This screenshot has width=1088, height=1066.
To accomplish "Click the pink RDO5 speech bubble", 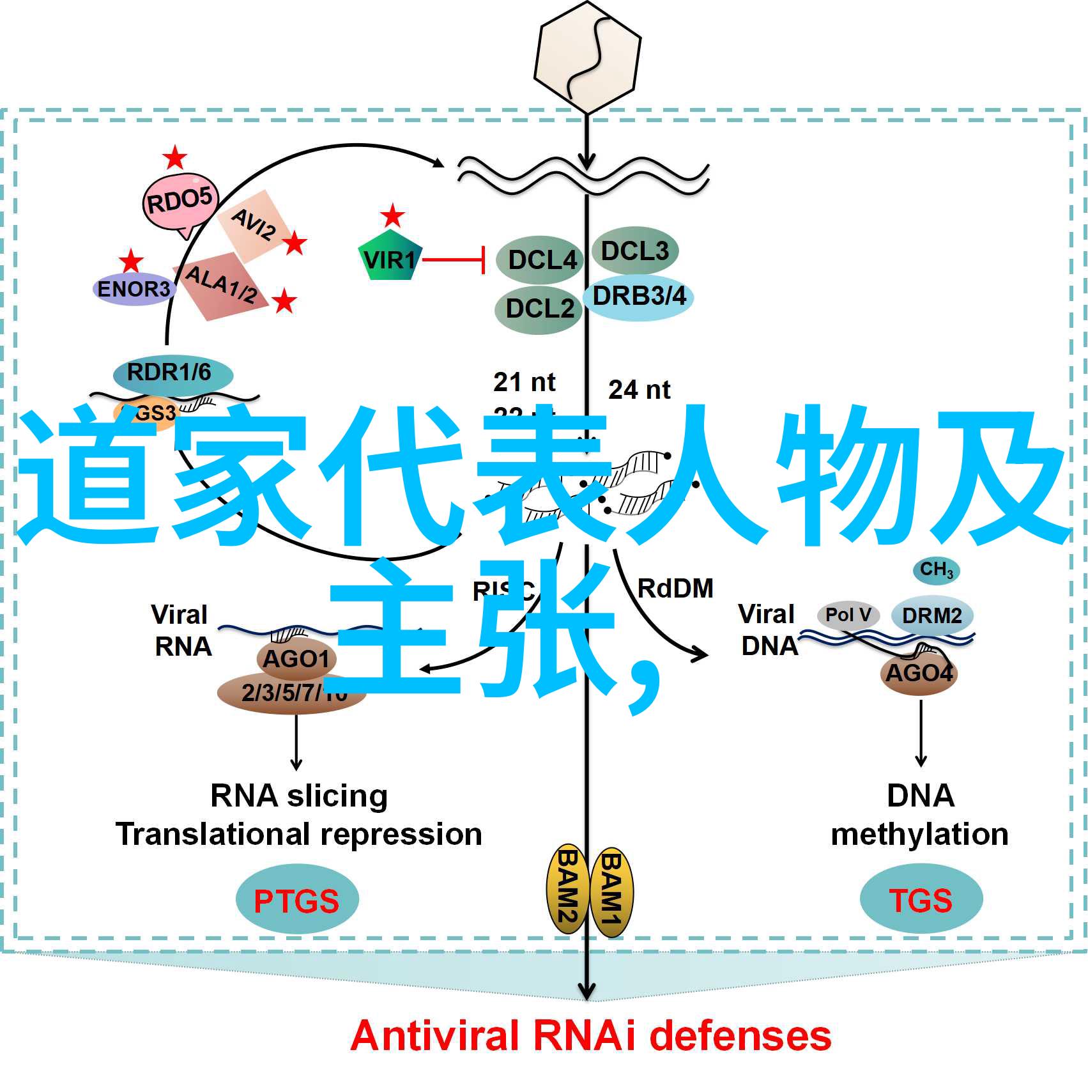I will click(180, 201).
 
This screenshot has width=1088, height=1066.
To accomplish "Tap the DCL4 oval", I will click(540, 260).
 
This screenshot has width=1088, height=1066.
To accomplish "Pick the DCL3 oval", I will click(634, 251).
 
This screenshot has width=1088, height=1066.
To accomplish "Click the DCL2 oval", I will click(539, 309).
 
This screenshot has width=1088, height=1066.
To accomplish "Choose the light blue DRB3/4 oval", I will click(638, 297).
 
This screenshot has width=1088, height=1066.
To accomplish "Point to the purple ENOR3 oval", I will click(134, 289).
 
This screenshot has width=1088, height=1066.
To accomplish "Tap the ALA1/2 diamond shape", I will click(221, 284).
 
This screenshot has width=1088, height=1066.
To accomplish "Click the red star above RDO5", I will click(174, 158).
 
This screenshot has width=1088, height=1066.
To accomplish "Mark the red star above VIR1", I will click(392, 216).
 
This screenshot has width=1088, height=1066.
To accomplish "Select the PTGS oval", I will click(296, 900).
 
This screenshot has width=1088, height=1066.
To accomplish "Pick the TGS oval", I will click(921, 899).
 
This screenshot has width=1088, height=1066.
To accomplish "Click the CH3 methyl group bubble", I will click(936, 569).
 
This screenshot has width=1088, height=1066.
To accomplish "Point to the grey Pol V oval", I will click(848, 615).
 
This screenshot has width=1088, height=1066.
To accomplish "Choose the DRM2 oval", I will click(932, 615).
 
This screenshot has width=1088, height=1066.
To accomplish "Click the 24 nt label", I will click(639, 389).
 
